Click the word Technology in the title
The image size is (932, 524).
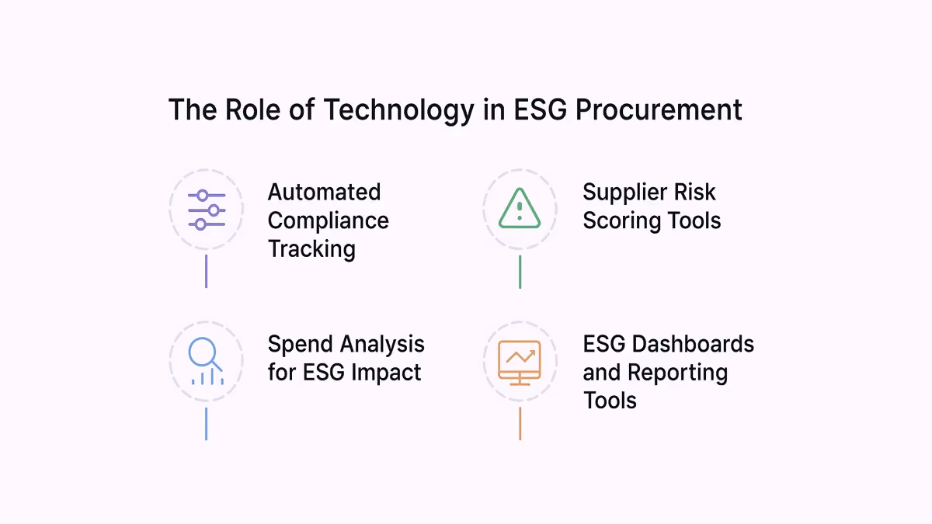click(398, 110)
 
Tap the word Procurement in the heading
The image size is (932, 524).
click(659, 109)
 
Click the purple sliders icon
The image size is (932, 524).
click(207, 210)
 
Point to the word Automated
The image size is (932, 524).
click(324, 193)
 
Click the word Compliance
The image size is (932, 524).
click(329, 220)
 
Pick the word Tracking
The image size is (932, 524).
click(311, 249)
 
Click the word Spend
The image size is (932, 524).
click(300, 345)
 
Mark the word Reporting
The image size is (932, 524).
click(678, 373)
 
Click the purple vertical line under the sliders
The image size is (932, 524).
click(207, 271)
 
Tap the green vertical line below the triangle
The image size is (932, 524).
click(520, 272)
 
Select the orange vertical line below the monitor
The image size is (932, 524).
click(520, 423)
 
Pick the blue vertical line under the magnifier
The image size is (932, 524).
click(207, 424)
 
